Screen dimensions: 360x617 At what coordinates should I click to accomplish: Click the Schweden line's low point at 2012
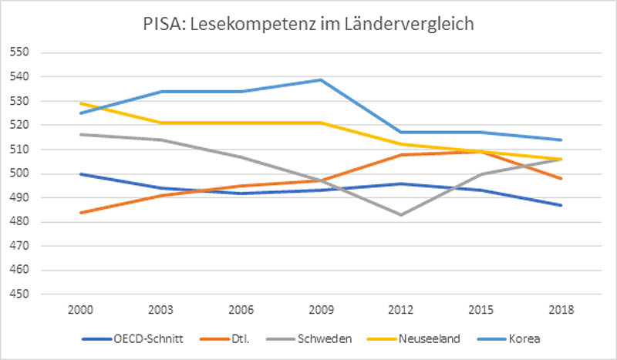point(400,214)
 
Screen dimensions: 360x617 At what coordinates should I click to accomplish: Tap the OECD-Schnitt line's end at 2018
point(560,205)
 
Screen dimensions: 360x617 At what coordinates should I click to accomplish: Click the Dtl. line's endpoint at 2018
point(560,179)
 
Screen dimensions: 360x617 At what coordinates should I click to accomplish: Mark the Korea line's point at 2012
point(400,133)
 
